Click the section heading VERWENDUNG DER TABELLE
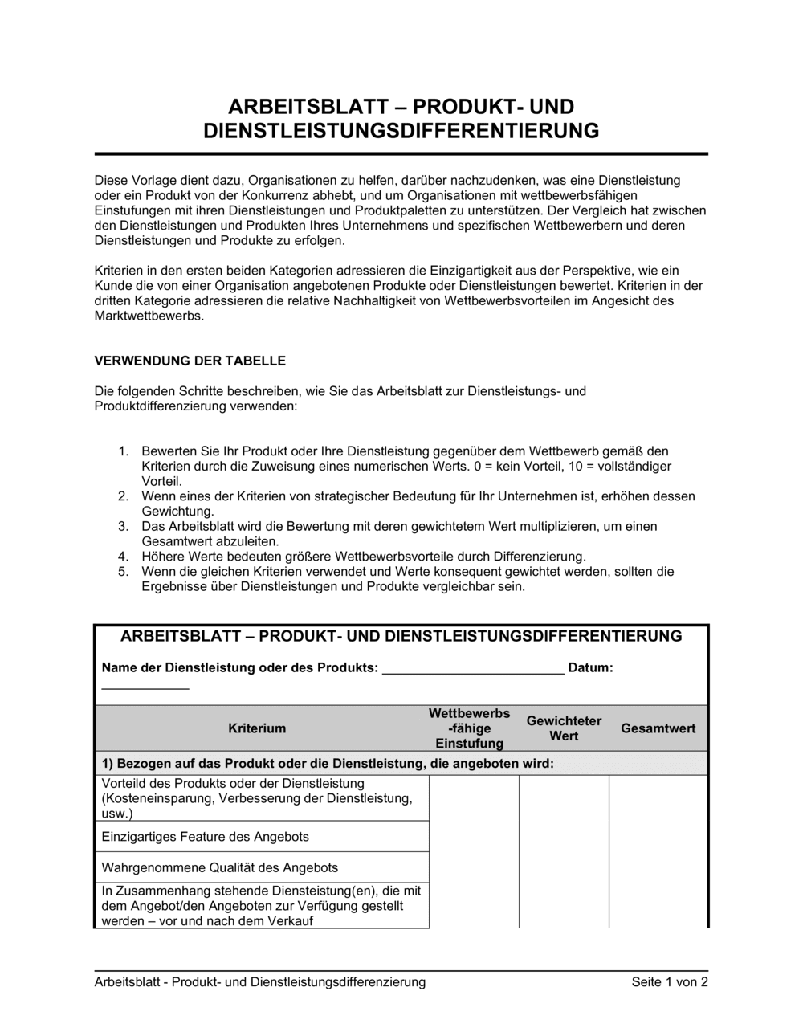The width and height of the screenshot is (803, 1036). click(x=190, y=361)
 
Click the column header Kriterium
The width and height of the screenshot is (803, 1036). click(x=257, y=728)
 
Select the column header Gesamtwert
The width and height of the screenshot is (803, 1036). click(x=658, y=728)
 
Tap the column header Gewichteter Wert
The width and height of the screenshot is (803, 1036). click(x=564, y=728)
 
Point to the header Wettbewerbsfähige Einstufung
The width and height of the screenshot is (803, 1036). click(x=469, y=728)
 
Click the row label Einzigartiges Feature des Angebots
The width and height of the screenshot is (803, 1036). click(x=206, y=837)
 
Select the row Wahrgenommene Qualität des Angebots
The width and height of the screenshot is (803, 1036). click(x=220, y=867)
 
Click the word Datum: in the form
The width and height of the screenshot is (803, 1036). click(x=590, y=667)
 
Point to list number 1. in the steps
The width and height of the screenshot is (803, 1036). click(x=124, y=451)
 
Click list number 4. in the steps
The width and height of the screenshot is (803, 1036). click(x=124, y=557)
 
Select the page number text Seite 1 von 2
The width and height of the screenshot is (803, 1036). click(x=670, y=982)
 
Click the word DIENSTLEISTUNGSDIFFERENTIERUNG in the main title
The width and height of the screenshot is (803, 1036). click(x=401, y=131)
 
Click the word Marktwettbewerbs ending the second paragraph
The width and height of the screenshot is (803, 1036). click(x=149, y=316)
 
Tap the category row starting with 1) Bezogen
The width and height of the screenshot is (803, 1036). click(x=328, y=763)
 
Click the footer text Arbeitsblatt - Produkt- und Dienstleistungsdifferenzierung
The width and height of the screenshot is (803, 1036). click(x=259, y=982)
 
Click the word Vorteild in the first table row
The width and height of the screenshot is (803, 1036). click(x=124, y=783)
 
